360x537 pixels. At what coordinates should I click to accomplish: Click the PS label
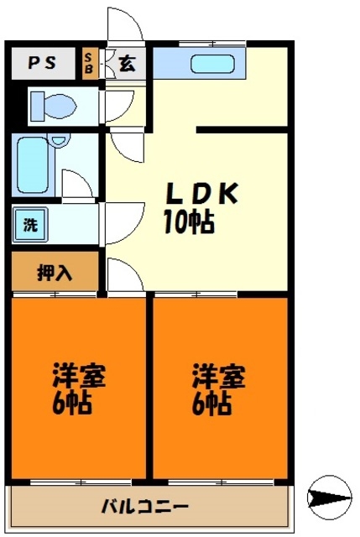pos(43,62)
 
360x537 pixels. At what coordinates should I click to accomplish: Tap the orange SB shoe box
pos(90,63)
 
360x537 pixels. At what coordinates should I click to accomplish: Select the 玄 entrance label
pos(126,63)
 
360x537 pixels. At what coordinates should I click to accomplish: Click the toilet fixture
pos(52,106)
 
